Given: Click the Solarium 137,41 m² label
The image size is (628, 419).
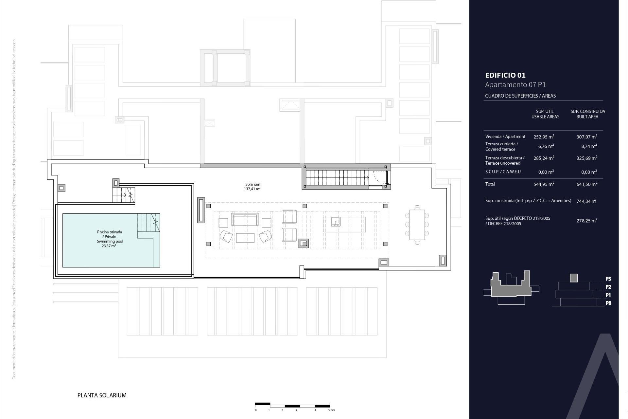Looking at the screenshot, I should pos(253,187).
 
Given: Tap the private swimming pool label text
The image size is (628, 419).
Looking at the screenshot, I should pos(109,239).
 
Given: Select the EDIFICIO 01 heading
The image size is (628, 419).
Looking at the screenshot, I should pos(505,75).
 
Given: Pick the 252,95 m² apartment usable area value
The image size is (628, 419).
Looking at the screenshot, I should pos(544,137).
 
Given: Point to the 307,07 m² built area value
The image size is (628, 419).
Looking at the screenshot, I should pos(587,137).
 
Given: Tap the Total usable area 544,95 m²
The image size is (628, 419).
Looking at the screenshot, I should pos(544,184).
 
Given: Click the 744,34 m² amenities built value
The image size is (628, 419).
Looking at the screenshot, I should pos(586,201).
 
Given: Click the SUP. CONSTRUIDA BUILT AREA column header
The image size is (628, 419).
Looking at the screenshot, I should pos(588,114).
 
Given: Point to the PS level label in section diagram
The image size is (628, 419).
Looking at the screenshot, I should pos(608,279).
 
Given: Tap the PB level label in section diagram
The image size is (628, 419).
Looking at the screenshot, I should pos(608,303).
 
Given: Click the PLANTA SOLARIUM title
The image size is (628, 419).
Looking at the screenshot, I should pos(102,395).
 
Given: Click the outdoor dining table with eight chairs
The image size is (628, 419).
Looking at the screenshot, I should pos(417,225).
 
